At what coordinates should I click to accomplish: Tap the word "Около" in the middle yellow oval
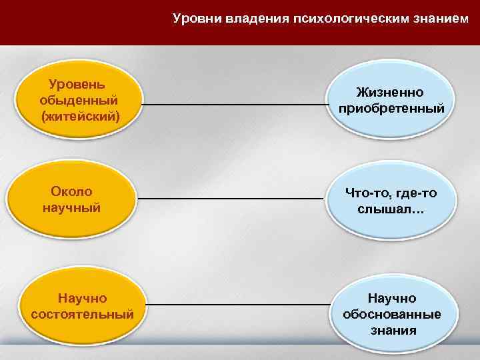click(x=71, y=192)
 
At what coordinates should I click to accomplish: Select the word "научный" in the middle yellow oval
click(x=71, y=207)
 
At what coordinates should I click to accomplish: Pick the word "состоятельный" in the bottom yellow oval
click(x=83, y=313)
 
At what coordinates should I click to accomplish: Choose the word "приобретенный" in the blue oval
click(x=391, y=107)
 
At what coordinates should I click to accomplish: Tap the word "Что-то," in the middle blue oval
click(x=368, y=193)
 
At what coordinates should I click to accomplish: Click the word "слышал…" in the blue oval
click(x=391, y=209)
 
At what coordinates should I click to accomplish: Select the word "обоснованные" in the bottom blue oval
click(x=392, y=314)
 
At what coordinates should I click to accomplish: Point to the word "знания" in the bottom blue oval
click(x=392, y=330)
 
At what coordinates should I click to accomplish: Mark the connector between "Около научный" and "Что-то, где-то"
click(x=233, y=199)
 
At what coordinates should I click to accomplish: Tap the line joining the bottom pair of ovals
click(x=233, y=305)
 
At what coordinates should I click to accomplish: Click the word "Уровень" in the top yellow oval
click(x=77, y=85)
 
